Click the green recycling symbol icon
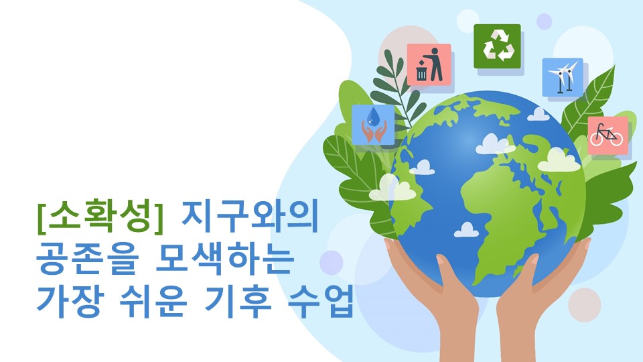pyautogui.click(x=497, y=46)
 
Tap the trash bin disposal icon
pyautogui.click(x=429, y=65)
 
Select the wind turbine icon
pyautogui.click(x=563, y=76)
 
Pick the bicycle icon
pyautogui.click(x=608, y=135)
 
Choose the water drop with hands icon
pyautogui.click(x=373, y=125)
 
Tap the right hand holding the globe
pyautogui.click(x=543, y=288)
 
